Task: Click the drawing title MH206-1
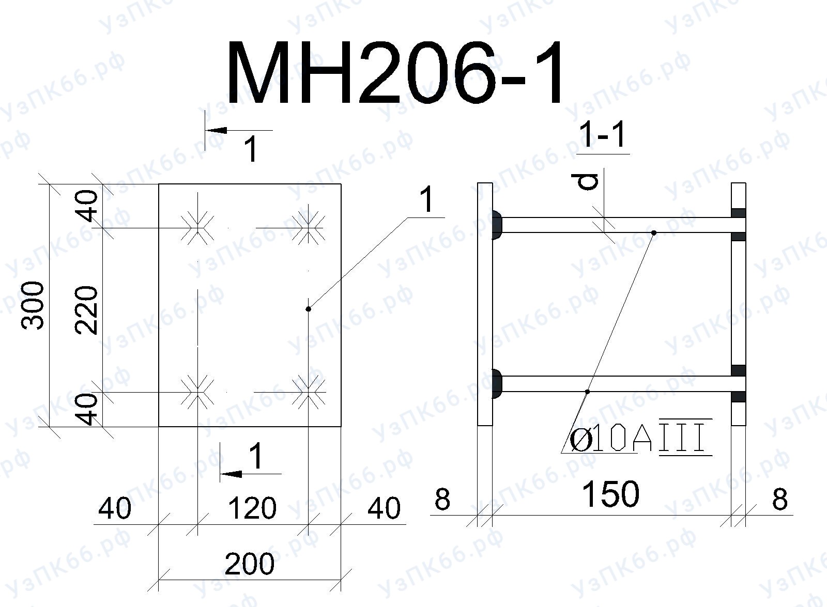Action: (395, 72)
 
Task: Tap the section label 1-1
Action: (603, 135)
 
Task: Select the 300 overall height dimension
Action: (33, 305)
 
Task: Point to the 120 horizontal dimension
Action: (252, 508)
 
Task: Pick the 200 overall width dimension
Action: (250, 564)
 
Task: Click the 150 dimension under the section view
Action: (610, 494)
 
